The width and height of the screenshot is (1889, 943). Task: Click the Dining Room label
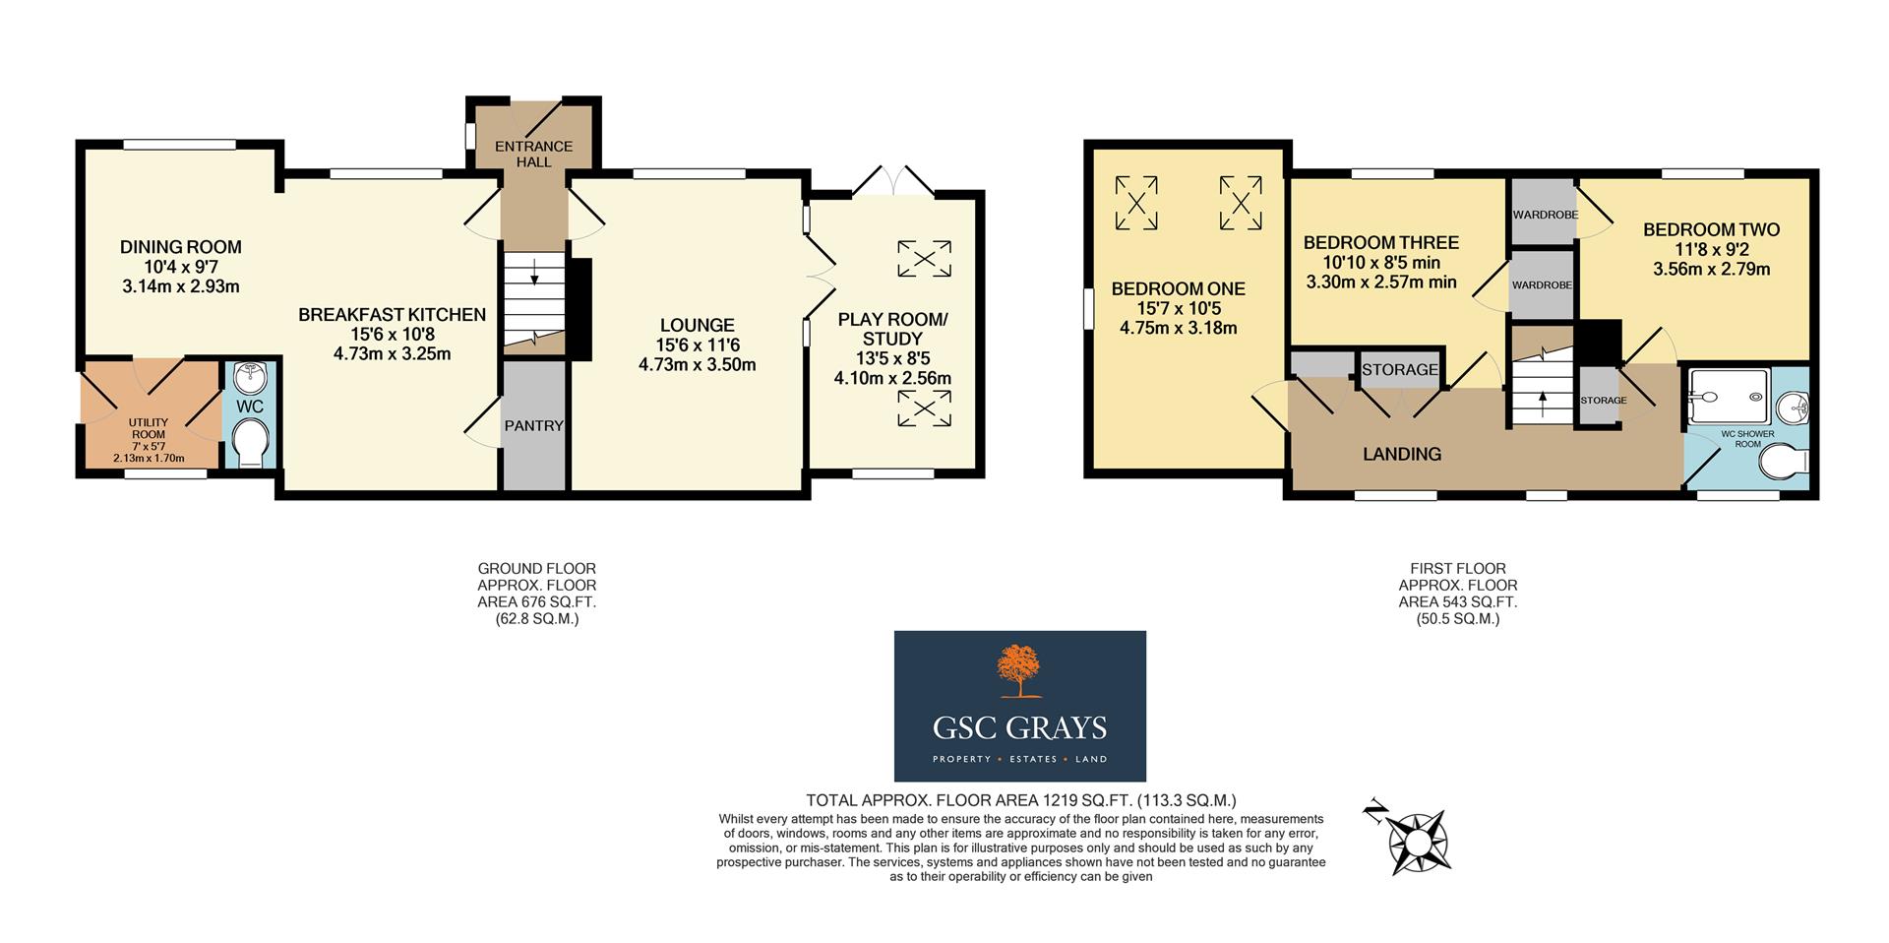pos(180,247)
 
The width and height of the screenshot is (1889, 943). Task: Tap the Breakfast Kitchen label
pos(392,315)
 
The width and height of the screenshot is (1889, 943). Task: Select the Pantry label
pos(533,426)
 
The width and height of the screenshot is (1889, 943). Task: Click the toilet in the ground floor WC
pos(252,444)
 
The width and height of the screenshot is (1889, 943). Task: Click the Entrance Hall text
pos(533,154)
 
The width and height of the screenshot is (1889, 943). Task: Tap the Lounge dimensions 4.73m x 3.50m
pos(697,364)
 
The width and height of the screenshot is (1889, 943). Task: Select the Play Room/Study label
pos(892,329)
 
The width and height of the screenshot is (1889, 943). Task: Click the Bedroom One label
pos(1178,288)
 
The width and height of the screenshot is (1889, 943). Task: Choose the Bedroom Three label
pos(1380,242)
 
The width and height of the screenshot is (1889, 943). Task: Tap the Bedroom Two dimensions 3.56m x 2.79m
pos(1711,269)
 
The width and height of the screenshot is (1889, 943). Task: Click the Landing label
pos(1401,454)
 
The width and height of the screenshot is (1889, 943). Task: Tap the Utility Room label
pos(148,428)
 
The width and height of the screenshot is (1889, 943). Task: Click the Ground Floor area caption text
pos(536,594)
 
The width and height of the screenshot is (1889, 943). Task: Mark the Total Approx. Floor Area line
pos(1020,800)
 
